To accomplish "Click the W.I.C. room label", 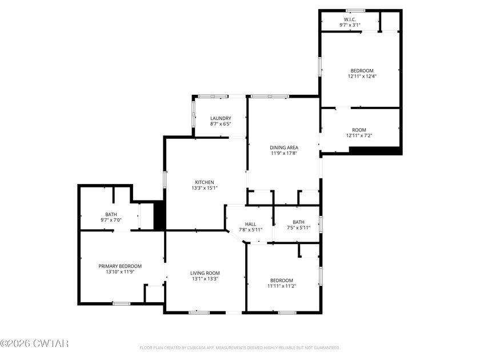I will [351, 19].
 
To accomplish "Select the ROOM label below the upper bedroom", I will [359, 130].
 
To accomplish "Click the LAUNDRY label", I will [220, 118].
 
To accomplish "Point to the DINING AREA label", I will [284, 147].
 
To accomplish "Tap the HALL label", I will [250, 224].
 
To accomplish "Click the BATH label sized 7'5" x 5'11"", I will [298, 222].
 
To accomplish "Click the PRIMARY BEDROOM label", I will [120, 266].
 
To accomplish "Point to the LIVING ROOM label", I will [205, 273].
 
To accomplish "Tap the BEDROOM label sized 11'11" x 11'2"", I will [282, 280].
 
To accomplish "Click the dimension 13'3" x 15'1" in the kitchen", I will [205, 188].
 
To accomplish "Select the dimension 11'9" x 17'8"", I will [284, 153].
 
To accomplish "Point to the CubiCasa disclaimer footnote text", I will [239, 347].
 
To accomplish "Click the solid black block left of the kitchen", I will [160, 216].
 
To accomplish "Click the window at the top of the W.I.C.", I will [355, 10].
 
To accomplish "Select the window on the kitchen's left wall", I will [165, 179].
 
